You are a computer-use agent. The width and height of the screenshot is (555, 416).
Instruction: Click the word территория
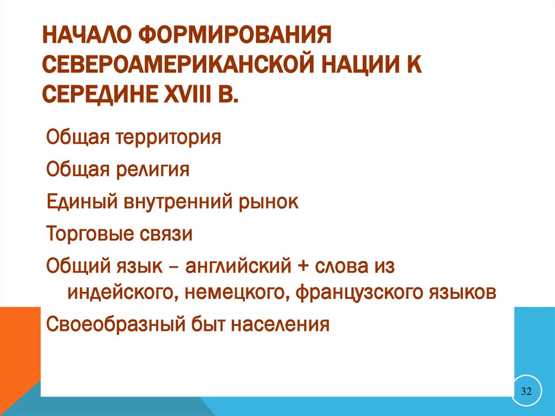click(x=167, y=137)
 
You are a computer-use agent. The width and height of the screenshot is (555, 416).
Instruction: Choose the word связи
click(x=169, y=234)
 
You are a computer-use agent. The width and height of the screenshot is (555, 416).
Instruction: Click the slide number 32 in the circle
click(x=526, y=391)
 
